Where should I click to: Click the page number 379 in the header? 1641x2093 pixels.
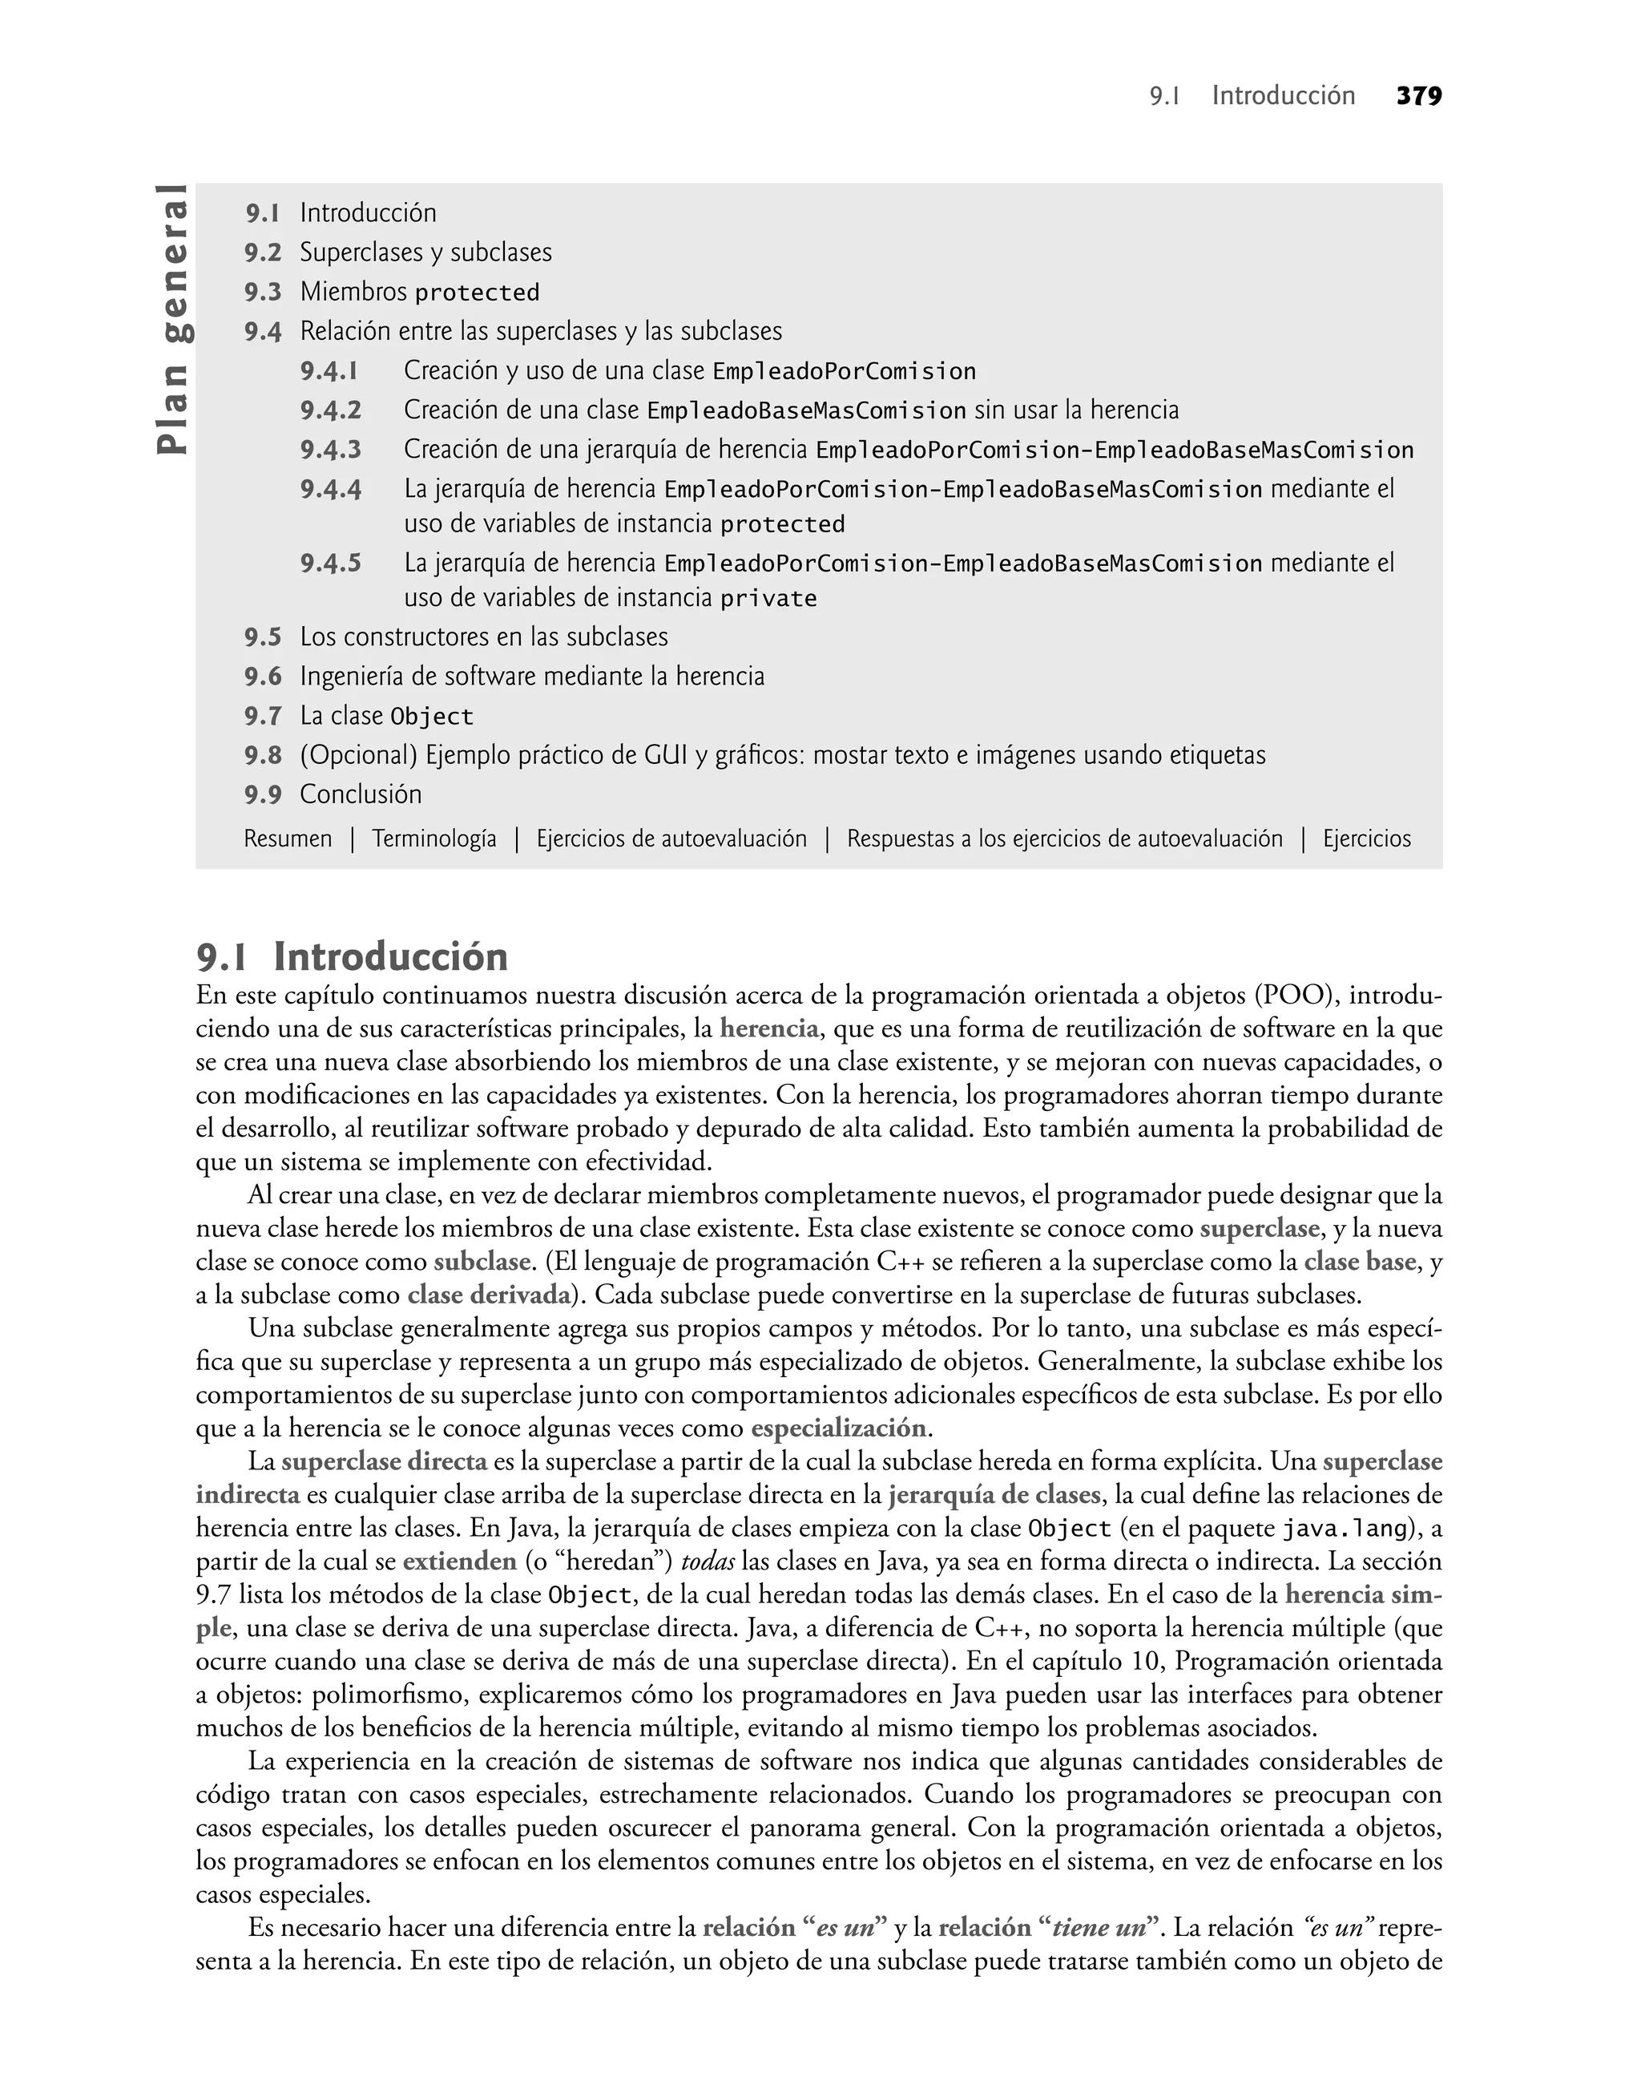tap(1418, 96)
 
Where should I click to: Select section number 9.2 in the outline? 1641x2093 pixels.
tap(262, 253)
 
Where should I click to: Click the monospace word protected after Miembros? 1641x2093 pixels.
tap(478, 292)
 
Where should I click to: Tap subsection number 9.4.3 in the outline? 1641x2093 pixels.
tap(330, 450)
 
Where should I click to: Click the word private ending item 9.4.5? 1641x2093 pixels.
tap(768, 599)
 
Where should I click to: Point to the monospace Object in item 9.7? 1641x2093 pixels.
tap(431, 717)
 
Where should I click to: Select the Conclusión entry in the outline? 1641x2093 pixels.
tap(361, 794)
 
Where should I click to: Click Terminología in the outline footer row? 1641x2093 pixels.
tap(434, 839)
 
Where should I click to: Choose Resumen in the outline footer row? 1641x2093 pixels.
tap(288, 839)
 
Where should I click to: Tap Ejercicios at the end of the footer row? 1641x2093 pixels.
tap(1366, 839)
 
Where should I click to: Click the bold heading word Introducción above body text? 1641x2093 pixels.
tap(390, 957)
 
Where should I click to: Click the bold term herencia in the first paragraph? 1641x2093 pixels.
tap(768, 1029)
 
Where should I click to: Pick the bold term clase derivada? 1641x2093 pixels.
tap(488, 1295)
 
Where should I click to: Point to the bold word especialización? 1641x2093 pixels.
tap(839, 1427)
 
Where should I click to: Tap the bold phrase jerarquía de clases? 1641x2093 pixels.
tap(994, 1494)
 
